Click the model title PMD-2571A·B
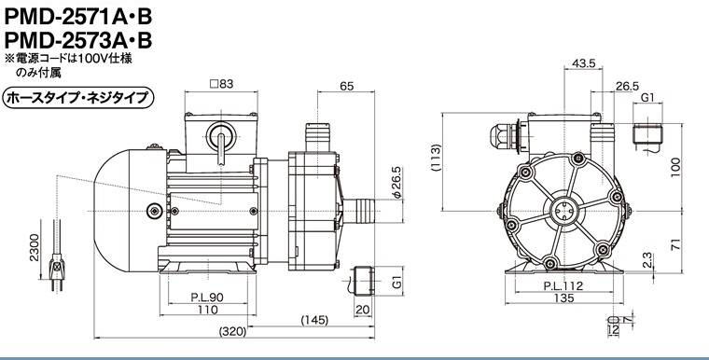(78, 18)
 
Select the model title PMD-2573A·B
(78, 41)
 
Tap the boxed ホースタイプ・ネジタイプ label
(78, 98)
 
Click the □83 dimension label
(222, 84)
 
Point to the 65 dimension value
(346, 86)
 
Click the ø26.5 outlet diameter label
(396, 183)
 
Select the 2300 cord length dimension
(35, 247)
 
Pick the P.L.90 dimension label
(207, 298)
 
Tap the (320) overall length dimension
(233, 331)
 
